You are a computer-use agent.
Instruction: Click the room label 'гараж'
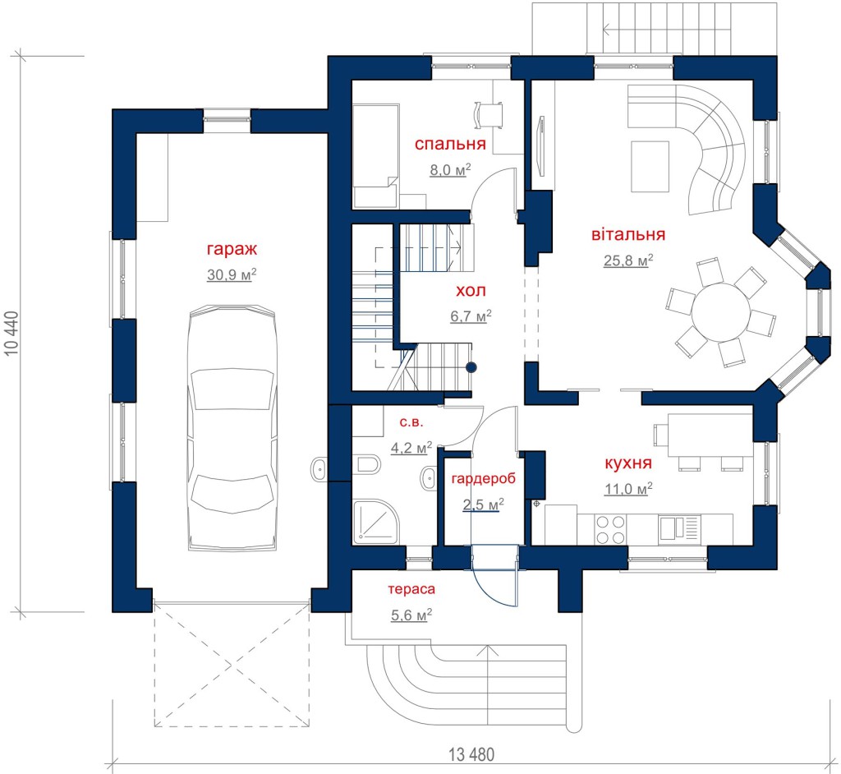click(232, 250)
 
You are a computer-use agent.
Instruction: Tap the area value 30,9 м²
click(232, 274)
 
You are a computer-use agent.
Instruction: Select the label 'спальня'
click(450, 144)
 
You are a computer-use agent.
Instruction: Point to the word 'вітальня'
click(628, 234)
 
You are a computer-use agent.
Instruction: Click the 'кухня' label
click(628, 463)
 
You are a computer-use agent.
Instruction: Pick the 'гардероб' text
click(483, 479)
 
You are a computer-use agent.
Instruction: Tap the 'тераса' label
click(411, 589)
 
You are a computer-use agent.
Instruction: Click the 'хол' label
click(471, 291)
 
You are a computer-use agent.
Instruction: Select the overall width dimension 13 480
click(471, 754)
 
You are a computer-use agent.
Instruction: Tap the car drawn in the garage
click(232, 428)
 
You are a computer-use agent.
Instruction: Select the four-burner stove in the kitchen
click(610, 530)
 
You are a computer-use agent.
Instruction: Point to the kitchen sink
click(679, 528)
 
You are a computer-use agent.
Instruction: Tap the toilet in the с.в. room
click(368, 463)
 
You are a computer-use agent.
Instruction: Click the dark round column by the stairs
click(471, 367)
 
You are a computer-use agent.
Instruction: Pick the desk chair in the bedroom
click(489, 115)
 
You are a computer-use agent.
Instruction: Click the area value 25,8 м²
click(628, 260)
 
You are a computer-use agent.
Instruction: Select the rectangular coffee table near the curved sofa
click(650, 167)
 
